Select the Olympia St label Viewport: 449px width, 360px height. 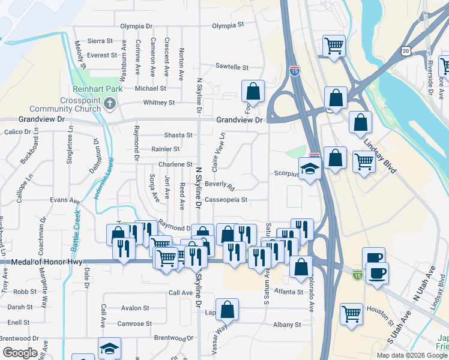click(x=228, y=26)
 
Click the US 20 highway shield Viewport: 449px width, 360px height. click(x=406, y=51)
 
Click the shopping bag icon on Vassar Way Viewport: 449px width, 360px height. click(x=228, y=310)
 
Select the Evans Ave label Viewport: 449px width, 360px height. click(x=65, y=200)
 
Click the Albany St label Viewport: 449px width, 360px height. click(x=287, y=325)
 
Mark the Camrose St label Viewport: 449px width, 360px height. click(x=134, y=323)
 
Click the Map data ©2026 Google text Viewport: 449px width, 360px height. click(x=412, y=355)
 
